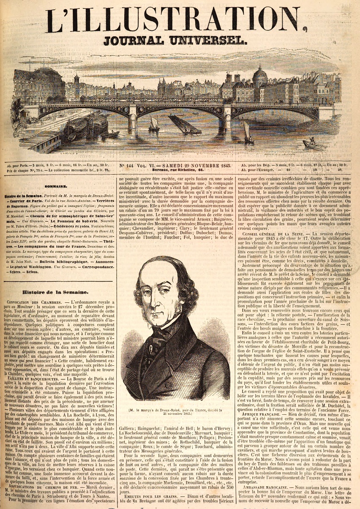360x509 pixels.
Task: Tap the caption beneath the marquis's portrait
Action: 180,411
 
